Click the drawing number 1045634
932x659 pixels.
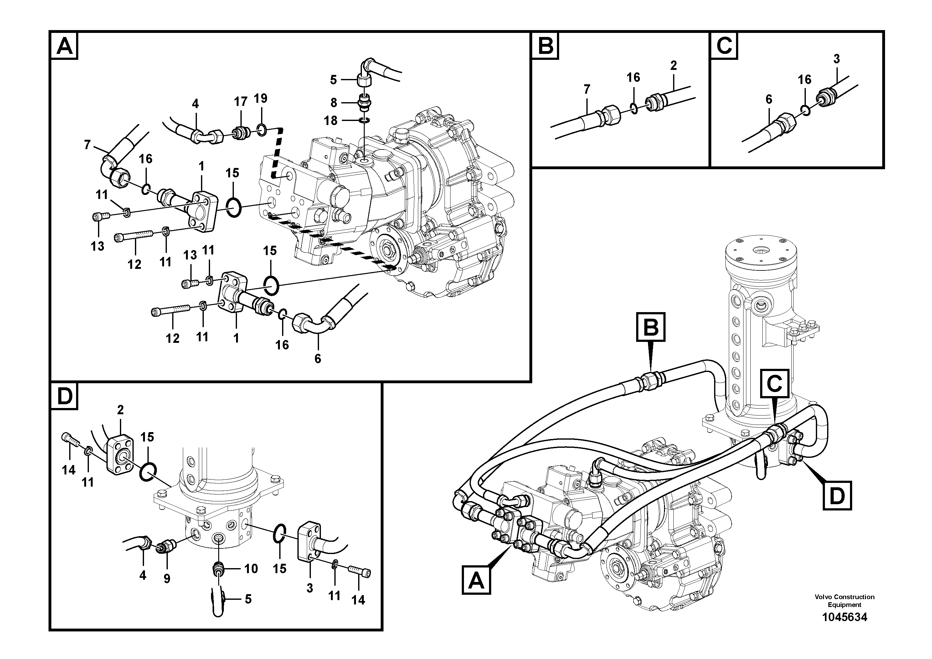coord(844,617)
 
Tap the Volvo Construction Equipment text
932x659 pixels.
coord(844,600)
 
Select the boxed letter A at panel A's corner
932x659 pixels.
coord(64,46)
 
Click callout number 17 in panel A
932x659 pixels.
coord(240,102)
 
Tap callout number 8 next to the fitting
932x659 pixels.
coord(333,103)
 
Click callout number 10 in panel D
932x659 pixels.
coord(251,568)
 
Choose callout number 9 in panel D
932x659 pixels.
coord(167,578)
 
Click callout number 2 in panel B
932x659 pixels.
coord(673,65)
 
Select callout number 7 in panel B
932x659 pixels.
coord(587,89)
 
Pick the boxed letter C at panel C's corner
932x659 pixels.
coord(724,46)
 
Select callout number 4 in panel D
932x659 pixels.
coord(142,575)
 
